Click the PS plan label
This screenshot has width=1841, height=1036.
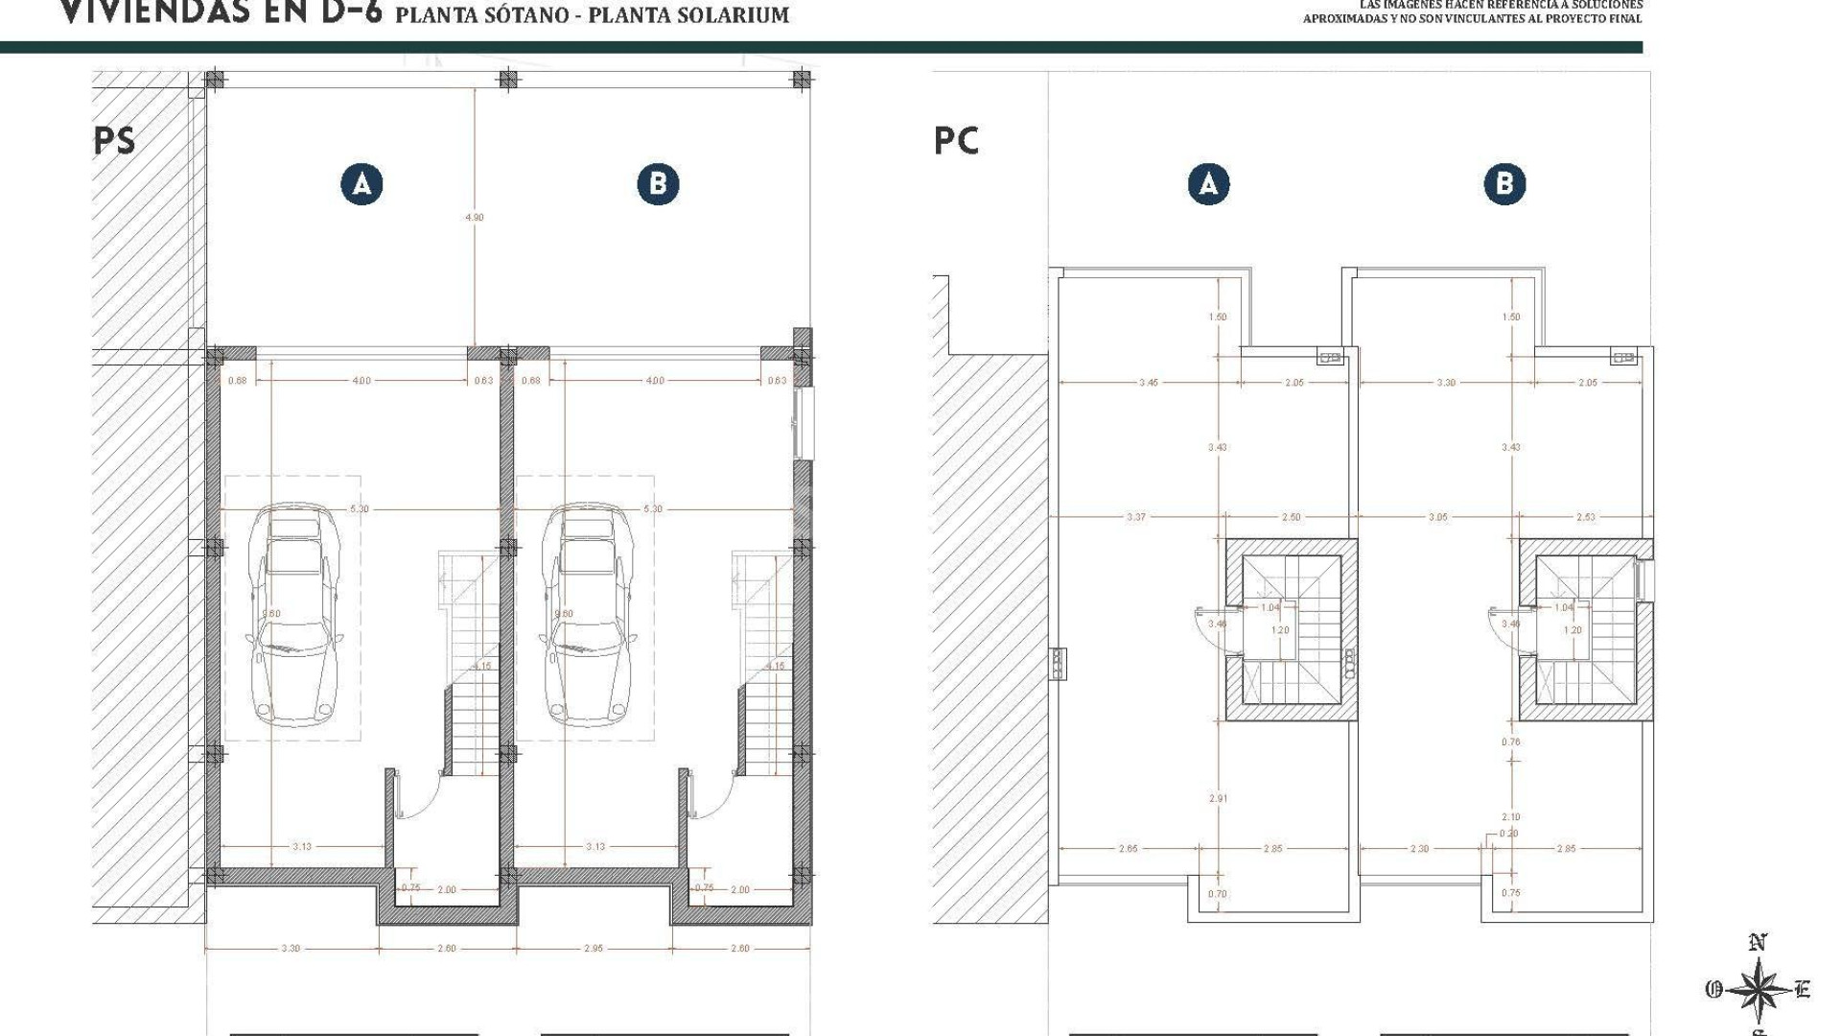point(114,141)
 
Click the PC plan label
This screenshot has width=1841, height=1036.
point(956,141)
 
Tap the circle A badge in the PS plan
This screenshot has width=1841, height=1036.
point(361,184)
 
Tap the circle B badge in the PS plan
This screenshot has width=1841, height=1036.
point(658,184)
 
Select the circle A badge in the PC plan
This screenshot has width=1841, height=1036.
point(1208,184)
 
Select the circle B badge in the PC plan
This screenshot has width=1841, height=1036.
point(1504,184)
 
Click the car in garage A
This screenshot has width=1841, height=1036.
point(292,614)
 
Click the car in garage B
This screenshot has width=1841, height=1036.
point(585,614)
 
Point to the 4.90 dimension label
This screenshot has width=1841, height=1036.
point(475,218)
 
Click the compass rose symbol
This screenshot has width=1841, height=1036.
point(1758,989)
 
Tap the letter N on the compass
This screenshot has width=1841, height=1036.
point(1758,944)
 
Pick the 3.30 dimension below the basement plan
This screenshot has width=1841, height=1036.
point(291,949)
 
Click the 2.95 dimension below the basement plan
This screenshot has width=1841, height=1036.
point(594,949)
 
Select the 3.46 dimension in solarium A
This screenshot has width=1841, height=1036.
point(1148,383)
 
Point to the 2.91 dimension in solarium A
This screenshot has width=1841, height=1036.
point(1218,798)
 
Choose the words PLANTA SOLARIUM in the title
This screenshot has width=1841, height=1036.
point(688,15)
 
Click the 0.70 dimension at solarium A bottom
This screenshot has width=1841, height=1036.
point(1217,894)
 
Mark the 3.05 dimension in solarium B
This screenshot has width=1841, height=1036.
point(1437,518)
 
